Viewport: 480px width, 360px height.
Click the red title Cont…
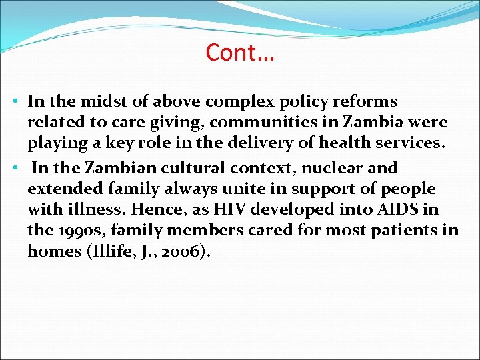[240, 52]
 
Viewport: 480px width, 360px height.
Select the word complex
[236, 102]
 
